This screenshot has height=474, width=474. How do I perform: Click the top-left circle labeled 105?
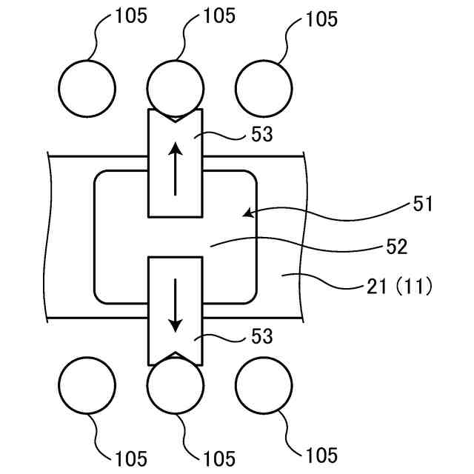[87, 87]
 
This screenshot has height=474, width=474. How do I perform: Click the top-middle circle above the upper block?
[176, 87]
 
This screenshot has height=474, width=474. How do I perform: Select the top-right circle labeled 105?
[264, 87]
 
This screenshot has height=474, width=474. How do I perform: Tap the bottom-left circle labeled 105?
[87, 385]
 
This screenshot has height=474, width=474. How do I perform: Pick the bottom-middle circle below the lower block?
[176, 385]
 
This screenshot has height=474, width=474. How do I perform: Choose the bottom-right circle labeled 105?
[264, 385]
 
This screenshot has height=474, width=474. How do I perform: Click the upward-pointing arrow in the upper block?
[176, 169]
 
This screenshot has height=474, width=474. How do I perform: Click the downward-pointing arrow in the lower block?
[176, 305]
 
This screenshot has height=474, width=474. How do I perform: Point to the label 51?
[423, 204]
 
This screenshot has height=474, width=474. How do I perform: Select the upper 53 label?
[262, 135]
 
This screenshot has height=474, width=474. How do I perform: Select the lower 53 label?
[262, 338]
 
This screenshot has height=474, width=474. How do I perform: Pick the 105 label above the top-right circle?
[321, 19]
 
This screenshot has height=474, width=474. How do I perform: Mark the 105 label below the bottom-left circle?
[130, 458]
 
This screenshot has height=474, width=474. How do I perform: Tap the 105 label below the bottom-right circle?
[321, 455]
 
